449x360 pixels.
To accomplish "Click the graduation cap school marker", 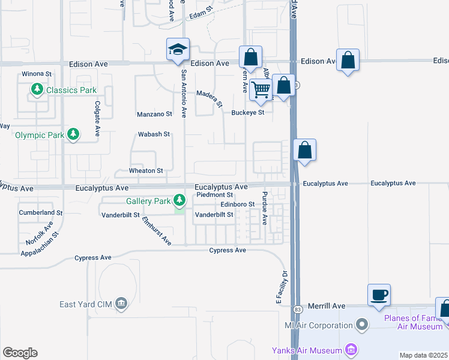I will coord(178,49).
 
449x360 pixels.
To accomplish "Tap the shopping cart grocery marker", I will coord(261,89).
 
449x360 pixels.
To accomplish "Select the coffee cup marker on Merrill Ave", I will coord(379,295).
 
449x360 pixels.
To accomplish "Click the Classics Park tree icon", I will coord(37,90).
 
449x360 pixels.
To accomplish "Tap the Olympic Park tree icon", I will coord(73,134).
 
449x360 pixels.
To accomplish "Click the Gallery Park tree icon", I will coord(179,200).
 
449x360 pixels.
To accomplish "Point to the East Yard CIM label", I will coord(84,304).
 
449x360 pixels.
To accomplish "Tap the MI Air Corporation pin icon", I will coord(361,325).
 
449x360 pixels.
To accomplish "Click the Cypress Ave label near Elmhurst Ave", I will coord(228,250).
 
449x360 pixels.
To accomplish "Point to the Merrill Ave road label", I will coord(327,306).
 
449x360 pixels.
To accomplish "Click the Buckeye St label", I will coord(248,112).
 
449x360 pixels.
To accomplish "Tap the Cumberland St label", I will coord(41,212).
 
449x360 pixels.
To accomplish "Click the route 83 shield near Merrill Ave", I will coord(297,309).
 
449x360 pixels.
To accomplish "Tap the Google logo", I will coord(20,353).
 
